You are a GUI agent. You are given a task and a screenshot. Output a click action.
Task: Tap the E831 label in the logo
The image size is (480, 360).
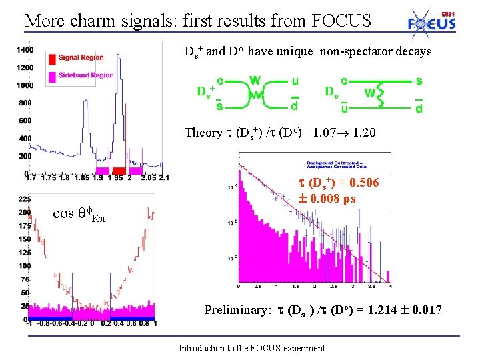click(x=449, y=14)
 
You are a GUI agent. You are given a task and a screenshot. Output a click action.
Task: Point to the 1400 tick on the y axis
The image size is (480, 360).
click(x=25, y=50)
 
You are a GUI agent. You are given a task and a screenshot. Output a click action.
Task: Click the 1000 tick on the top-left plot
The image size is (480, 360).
click(x=25, y=85)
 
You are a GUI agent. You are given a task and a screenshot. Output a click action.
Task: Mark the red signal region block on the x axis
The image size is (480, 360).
click(x=119, y=171)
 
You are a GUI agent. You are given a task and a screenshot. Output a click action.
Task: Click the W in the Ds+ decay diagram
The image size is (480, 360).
click(x=255, y=80)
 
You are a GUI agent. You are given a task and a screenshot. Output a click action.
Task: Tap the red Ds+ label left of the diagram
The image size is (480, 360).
click(x=203, y=91)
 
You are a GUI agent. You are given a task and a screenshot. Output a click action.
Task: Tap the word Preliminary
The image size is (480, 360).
click(x=237, y=310)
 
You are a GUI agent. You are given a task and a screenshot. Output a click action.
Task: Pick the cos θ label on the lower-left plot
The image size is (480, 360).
click(x=71, y=213)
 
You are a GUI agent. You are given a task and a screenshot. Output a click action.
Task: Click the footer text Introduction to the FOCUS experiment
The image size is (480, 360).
click(x=252, y=348)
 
